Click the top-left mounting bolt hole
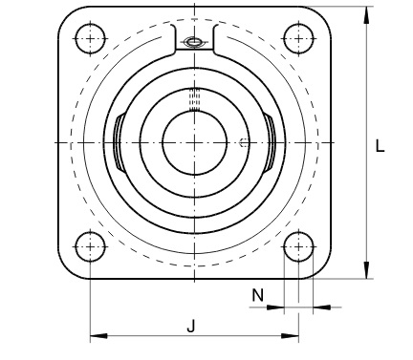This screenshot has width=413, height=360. [x=90, y=38]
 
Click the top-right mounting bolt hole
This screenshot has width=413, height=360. [x=298, y=38]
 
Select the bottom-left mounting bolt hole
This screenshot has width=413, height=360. [x=90, y=246]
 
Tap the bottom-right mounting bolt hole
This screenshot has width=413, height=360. [x=298, y=246]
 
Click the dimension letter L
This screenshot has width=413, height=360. [x=380, y=146]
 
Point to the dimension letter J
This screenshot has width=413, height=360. [x=190, y=326]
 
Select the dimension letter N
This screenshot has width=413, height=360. [x=258, y=295]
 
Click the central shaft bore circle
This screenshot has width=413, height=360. [x=194, y=142]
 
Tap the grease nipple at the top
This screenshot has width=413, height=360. [x=194, y=42]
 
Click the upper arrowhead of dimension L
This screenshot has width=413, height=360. [x=367, y=15]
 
